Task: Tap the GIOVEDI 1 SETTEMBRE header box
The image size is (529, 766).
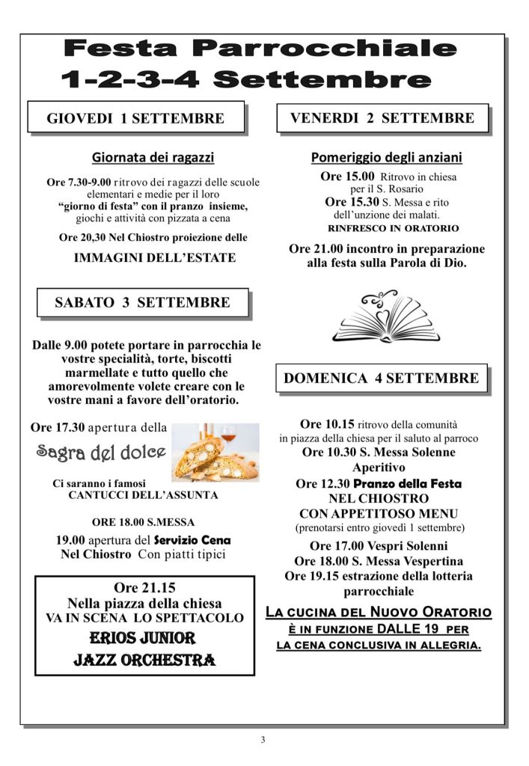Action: click(x=136, y=117)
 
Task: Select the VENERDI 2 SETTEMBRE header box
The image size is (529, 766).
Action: click(x=382, y=117)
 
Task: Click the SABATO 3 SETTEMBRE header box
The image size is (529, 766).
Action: click(x=142, y=303)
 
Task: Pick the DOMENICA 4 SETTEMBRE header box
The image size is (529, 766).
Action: click(x=382, y=379)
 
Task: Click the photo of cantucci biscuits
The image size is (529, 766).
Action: click(x=215, y=451)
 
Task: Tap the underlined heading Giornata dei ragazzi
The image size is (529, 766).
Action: click(x=153, y=157)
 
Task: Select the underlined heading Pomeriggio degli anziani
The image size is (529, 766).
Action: click(x=386, y=157)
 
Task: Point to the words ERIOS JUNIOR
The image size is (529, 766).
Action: click(x=143, y=638)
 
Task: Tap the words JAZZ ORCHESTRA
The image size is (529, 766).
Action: click(x=144, y=660)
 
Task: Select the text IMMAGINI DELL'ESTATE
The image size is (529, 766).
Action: click(x=155, y=258)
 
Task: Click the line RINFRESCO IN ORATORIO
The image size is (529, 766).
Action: click(x=394, y=228)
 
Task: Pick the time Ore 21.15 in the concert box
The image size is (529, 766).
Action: click(x=145, y=587)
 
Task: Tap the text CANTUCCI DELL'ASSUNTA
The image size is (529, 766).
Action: click(x=144, y=495)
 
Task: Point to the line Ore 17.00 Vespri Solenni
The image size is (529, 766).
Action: click(x=379, y=546)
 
